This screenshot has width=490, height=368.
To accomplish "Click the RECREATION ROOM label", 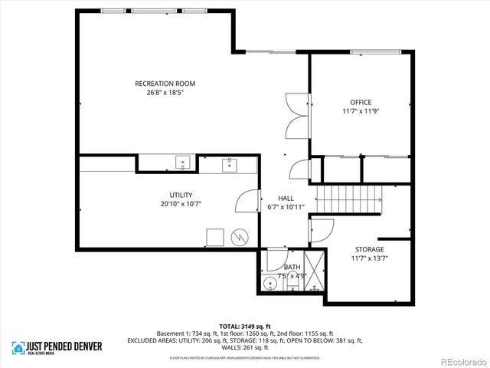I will [165, 83].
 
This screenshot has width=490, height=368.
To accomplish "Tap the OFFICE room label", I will [360, 102].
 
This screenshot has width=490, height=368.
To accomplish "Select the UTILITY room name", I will [181, 195].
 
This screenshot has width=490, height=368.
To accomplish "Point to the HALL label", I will [286, 198].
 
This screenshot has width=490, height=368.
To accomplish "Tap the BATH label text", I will [292, 267].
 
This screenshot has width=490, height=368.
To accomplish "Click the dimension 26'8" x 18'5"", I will [165, 92].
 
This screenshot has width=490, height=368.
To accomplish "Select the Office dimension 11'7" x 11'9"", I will [360, 111].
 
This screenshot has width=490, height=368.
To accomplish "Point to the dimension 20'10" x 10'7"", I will [181, 204].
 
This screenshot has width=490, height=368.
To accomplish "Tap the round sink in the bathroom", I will [269, 285].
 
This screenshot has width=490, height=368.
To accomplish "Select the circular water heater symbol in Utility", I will [240, 237].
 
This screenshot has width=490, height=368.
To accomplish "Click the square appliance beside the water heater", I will [215, 237].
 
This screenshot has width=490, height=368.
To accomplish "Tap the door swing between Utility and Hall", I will [245, 202].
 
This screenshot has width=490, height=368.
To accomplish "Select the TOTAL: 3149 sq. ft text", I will [245, 326].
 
